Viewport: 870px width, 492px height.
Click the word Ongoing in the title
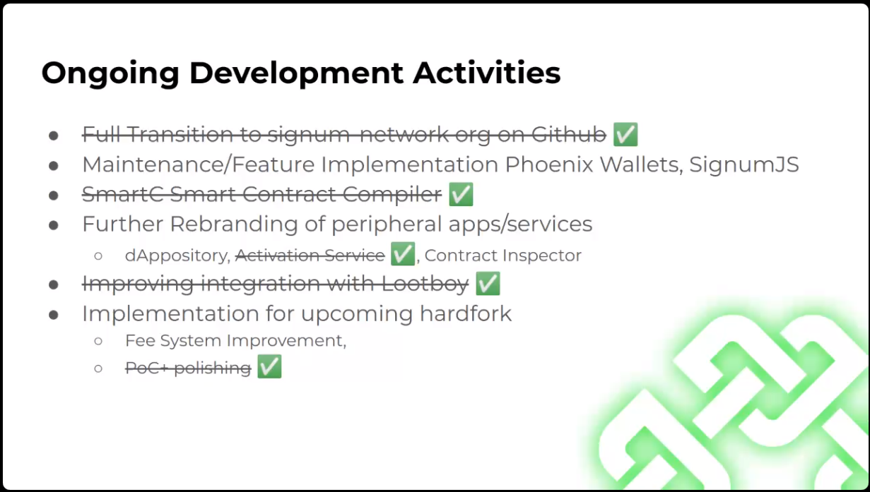pyautogui.click(x=110, y=73)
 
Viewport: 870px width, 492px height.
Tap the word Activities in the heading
pyautogui.click(x=487, y=73)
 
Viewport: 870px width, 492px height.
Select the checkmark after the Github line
pyautogui.click(x=625, y=134)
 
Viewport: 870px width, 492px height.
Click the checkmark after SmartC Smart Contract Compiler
pyautogui.click(x=461, y=194)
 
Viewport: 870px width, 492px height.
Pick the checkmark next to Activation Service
pyautogui.click(x=403, y=253)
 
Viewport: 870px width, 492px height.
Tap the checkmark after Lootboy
pyautogui.click(x=488, y=283)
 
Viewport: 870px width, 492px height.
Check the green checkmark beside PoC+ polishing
pyautogui.click(x=269, y=366)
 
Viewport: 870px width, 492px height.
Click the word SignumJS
pyautogui.click(x=744, y=164)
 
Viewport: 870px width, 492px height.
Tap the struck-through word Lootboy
pyautogui.click(x=425, y=284)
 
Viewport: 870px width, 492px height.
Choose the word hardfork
pyautogui.click(x=466, y=313)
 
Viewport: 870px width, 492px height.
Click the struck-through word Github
pyautogui.click(x=569, y=134)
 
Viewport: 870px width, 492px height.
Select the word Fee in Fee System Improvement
pyautogui.click(x=139, y=341)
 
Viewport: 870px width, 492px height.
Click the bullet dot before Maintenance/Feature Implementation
pyautogui.click(x=54, y=166)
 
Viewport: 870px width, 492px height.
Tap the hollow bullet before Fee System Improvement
pyautogui.click(x=98, y=342)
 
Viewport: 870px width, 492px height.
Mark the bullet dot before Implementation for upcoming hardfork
pyautogui.click(x=54, y=315)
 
